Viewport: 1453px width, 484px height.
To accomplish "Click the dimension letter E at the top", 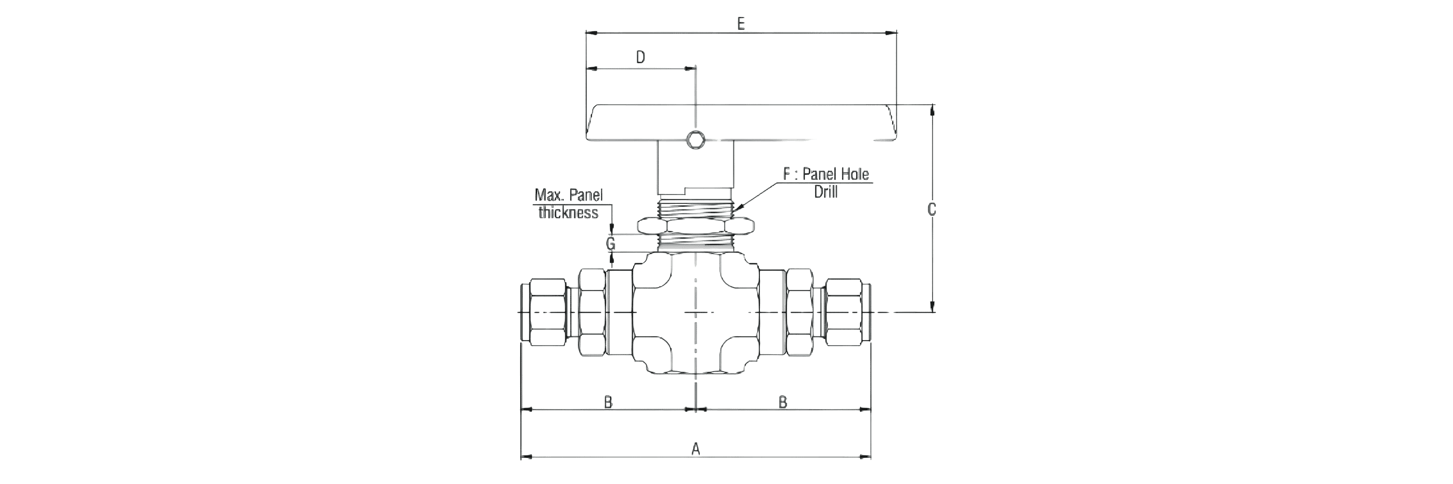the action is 741,24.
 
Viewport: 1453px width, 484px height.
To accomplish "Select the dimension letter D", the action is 640,58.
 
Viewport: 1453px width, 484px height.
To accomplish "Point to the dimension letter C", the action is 932,210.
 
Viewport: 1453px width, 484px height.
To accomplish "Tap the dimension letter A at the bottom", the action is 696,449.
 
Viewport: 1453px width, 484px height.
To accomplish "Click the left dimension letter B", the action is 608,402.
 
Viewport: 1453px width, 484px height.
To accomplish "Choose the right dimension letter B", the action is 783,402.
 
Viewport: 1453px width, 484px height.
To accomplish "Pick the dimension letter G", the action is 611,244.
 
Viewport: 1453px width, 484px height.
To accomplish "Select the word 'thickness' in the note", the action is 568,212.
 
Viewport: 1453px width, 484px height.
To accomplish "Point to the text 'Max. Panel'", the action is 569,195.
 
